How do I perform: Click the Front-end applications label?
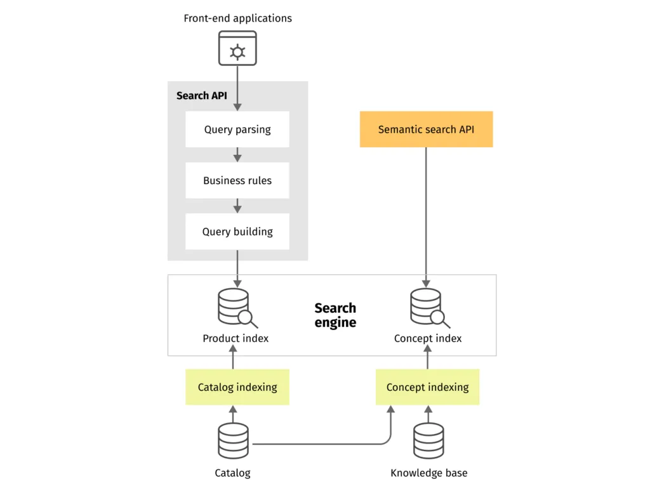[x=237, y=18]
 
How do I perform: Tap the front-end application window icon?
[x=237, y=48]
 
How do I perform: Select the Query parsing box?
[x=237, y=129]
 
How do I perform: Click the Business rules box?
[x=237, y=180]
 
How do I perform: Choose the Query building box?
[x=237, y=232]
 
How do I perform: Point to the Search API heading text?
[x=201, y=96]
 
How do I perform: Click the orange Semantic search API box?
[x=426, y=129]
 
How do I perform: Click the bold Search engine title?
[x=335, y=315]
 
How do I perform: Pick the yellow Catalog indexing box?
[x=237, y=387]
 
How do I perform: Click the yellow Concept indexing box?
[x=427, y=387]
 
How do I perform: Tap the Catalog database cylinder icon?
[x=233, y=440]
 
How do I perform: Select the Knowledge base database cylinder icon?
[x=428, y=440]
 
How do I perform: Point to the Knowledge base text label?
[x=428, y=473]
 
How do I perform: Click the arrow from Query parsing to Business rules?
[x=237, y=154]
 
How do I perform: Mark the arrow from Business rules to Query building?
[x=237, y=206]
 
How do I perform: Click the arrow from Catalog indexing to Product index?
[x=233, y=360]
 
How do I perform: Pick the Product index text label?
[x=235, y=338]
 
